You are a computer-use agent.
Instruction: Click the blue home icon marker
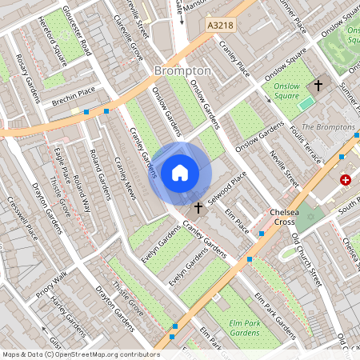180,172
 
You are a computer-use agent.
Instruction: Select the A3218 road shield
220,26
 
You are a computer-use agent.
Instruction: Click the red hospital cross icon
346,180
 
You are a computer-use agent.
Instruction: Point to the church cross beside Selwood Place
198,207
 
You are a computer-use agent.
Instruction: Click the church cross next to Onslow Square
317,84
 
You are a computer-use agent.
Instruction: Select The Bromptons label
329,127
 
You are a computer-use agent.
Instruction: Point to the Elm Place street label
238,216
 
